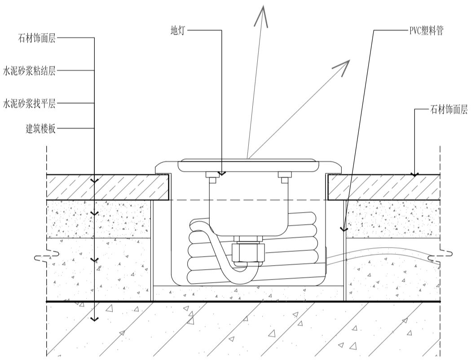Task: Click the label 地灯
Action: tap(176, 31)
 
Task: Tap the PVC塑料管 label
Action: tap(426, 31)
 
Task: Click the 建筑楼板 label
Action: tap(40, 129)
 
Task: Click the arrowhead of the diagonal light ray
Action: tap(342, 67)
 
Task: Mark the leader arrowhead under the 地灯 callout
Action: tap(222, 173)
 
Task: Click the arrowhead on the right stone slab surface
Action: tap(415, 174)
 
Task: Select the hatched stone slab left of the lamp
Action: tap(108, 187)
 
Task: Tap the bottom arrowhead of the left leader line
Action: tap(94, 319)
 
